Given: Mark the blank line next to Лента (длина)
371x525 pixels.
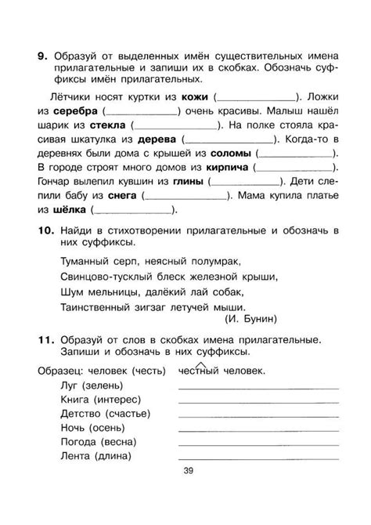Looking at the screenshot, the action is pos(258,458).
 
